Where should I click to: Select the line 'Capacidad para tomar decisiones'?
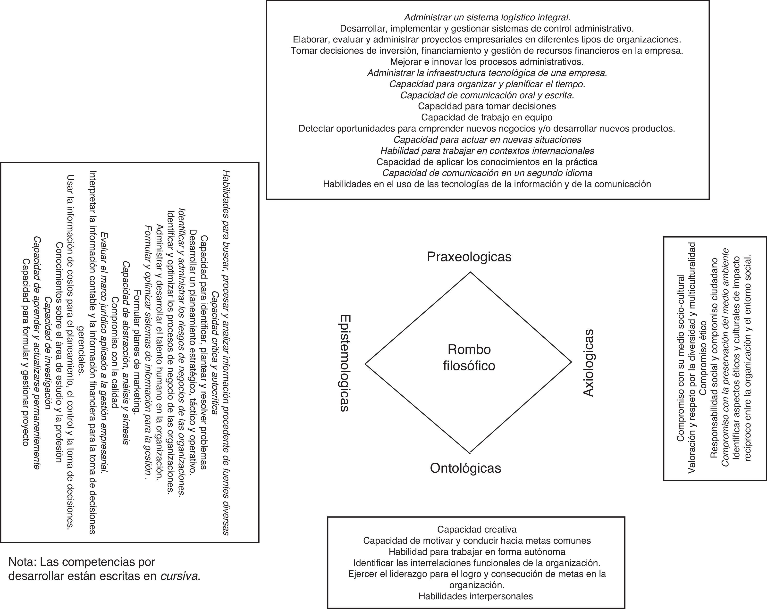[x=487, y=106]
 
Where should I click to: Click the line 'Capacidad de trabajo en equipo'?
[x=487, y=117]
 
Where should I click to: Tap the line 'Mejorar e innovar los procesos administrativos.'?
[x=487, y=62]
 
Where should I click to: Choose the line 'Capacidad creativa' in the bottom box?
[x=477, y=529]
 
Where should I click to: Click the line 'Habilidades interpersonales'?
[x=476, y=596]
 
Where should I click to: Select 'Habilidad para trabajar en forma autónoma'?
[x=477, y=552]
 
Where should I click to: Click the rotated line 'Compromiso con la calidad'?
[x=115, y=352]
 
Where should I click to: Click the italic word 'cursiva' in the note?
[x=179, y=576]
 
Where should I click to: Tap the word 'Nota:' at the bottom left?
[x=22, y=562]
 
